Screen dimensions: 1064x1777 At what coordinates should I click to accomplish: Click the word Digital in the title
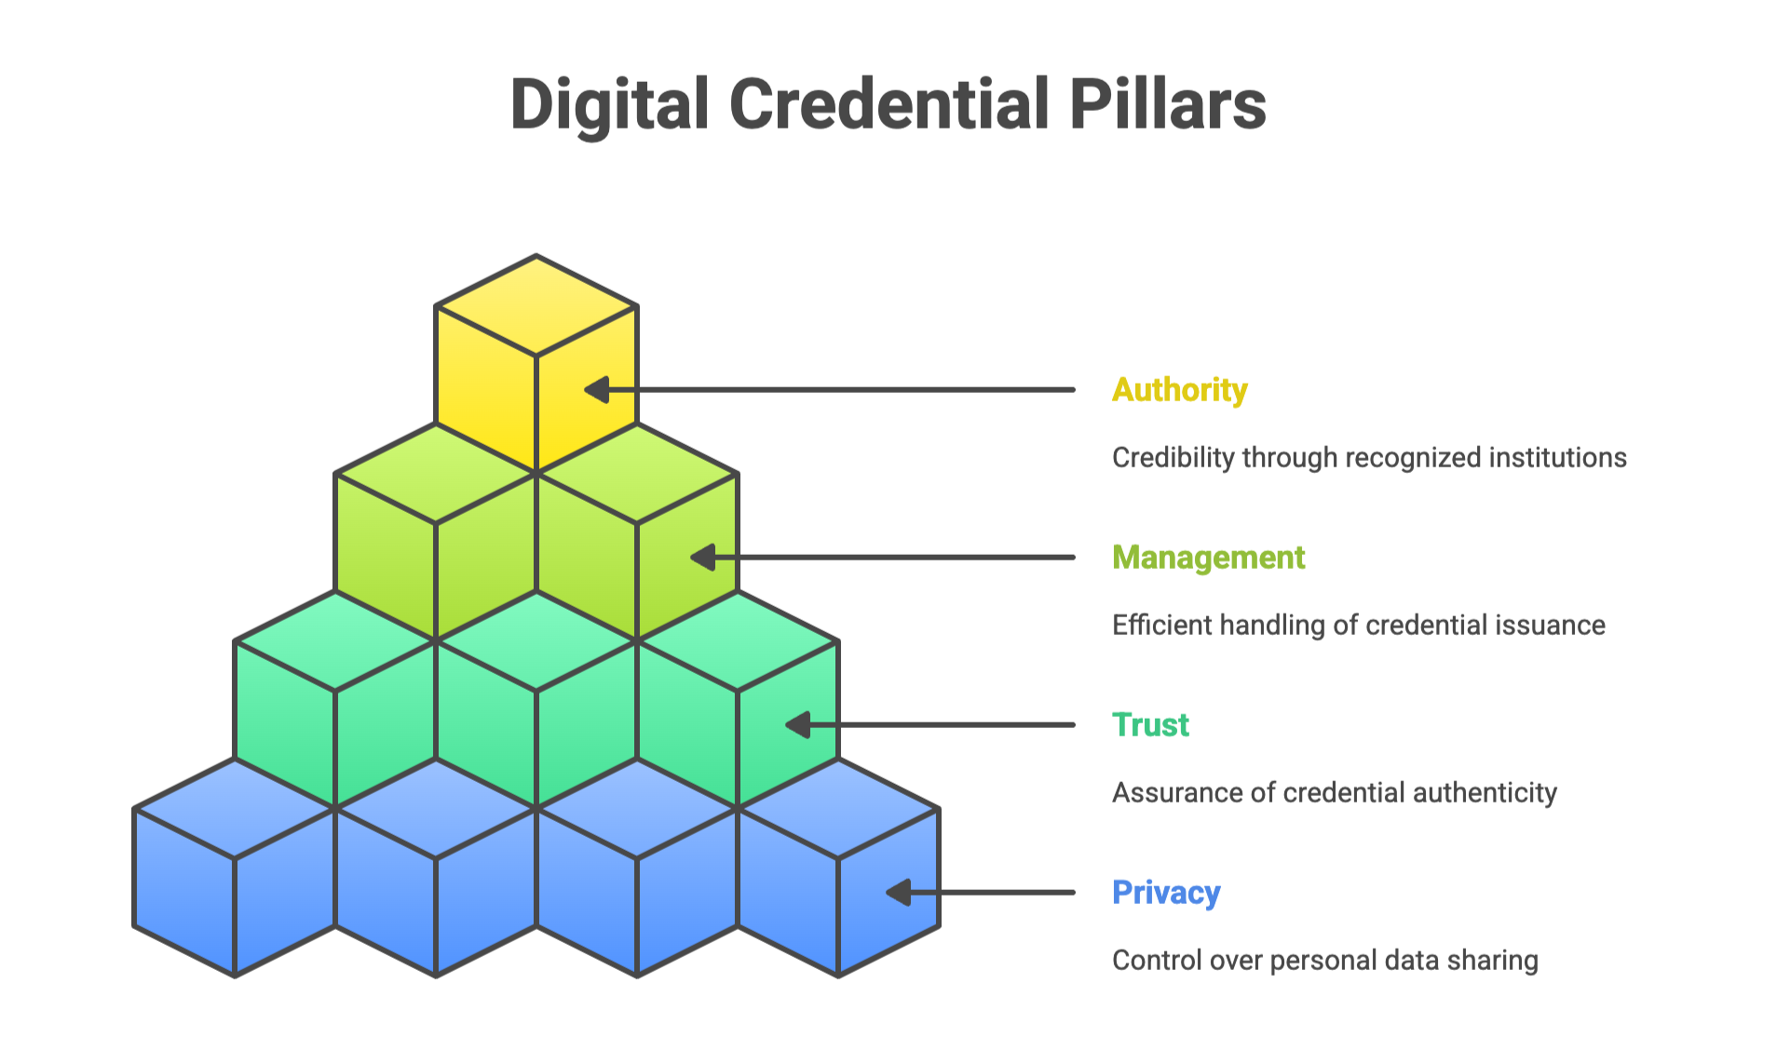click(610, 104)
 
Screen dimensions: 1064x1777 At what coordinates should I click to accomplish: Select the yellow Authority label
click(1179, 390)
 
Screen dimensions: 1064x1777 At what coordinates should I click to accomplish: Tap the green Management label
click(1208, 558)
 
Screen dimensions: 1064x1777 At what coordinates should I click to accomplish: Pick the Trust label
click(1150, 725)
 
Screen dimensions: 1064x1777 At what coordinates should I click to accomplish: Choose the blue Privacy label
click(1166, 893)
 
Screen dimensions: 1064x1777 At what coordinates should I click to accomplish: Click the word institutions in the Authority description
click(1557, 458)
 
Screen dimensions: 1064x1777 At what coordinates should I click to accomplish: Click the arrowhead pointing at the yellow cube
click(597, 390)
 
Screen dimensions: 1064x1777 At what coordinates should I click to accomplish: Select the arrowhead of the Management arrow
click(703, 558)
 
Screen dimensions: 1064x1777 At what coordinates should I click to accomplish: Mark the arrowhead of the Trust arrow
click(798, 725)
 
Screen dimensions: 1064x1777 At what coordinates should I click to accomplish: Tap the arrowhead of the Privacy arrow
click(898, 893)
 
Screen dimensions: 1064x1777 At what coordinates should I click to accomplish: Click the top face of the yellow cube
click(536, 305)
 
